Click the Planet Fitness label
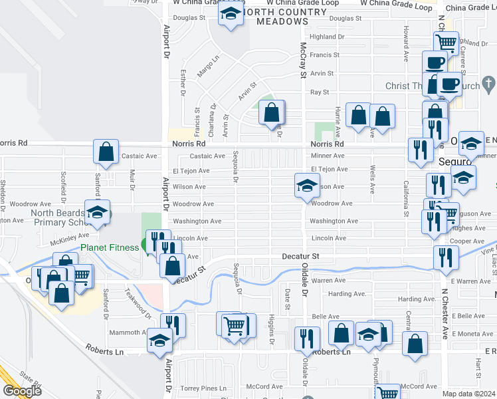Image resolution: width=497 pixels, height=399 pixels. tap(109, 247)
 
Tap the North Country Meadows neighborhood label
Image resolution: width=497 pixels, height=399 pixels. tap(275, 17)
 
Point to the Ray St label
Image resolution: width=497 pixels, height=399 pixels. tap(320, 92)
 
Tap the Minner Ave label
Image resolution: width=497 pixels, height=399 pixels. tap(328, 156)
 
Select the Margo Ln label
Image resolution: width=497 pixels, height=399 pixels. tap(207, 66)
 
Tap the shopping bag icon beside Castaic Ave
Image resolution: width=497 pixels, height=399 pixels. tap(106, 152)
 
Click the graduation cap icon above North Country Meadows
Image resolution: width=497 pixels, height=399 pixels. tap(231, 13)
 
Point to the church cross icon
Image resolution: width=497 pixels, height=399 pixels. tap(488, 84)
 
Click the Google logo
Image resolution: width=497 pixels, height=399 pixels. tap(21, 391)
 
